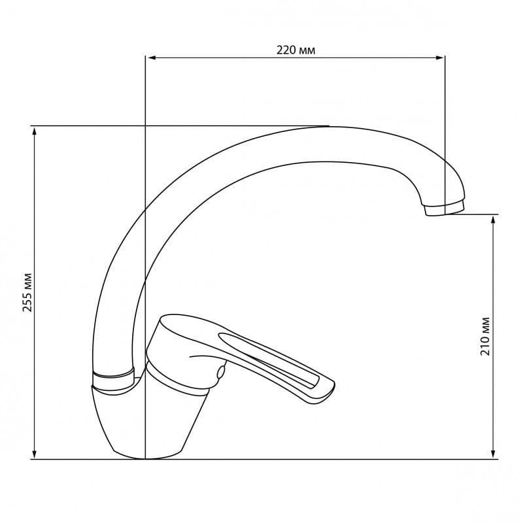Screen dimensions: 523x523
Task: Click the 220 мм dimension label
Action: point(295,50)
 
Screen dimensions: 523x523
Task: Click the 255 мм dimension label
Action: point(27,292)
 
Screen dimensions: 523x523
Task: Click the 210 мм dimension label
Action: point(485,336)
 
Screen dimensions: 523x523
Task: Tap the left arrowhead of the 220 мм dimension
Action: point(152,58)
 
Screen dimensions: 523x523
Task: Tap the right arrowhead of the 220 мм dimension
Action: point(439,58)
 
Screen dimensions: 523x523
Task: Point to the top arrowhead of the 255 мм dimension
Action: point(34,131)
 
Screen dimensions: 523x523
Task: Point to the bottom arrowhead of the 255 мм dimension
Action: point(34,454)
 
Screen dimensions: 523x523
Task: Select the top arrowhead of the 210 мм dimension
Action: point(493,220)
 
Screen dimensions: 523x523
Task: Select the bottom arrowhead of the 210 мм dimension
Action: point(493,454)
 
